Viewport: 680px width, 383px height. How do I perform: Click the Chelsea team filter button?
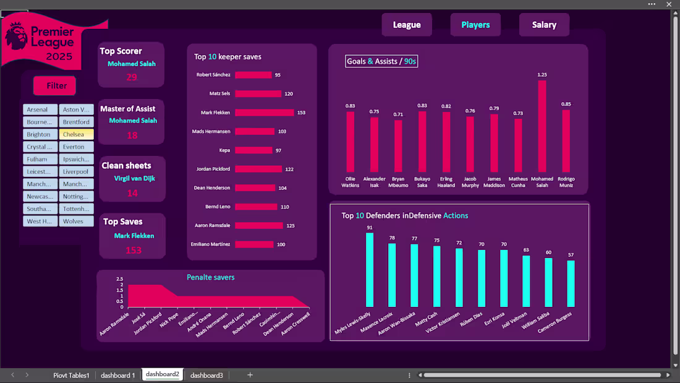click(x=77, y=134)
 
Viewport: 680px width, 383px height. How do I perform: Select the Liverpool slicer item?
click(x=77, y=171)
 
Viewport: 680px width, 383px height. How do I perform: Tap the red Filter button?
click(x=54, y=86)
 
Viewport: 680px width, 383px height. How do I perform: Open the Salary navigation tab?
click(x=544, y=25)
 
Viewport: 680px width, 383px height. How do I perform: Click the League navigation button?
click(x=406, y=25)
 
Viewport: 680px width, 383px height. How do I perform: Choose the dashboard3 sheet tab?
click(x=206, y=375)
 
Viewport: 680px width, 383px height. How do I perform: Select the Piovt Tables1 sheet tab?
click(x=71, y=375)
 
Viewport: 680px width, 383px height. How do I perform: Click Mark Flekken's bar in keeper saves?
click(x=264, y=113)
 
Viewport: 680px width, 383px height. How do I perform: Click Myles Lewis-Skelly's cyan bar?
click(x=370, y=270)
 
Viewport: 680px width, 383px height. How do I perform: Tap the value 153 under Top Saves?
click(x=134, y=250)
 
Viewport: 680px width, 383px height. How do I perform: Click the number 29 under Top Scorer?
click(x=132, y=77)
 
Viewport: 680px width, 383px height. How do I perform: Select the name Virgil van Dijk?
click(x=134, y=178)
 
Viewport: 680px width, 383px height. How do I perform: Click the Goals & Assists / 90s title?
click(x=381, y=61)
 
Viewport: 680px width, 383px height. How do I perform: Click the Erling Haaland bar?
click(x=446, y=142)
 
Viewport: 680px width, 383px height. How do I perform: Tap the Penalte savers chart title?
click(x=210, y=277)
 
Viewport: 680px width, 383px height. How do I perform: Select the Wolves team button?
click(x=77, y=221)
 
